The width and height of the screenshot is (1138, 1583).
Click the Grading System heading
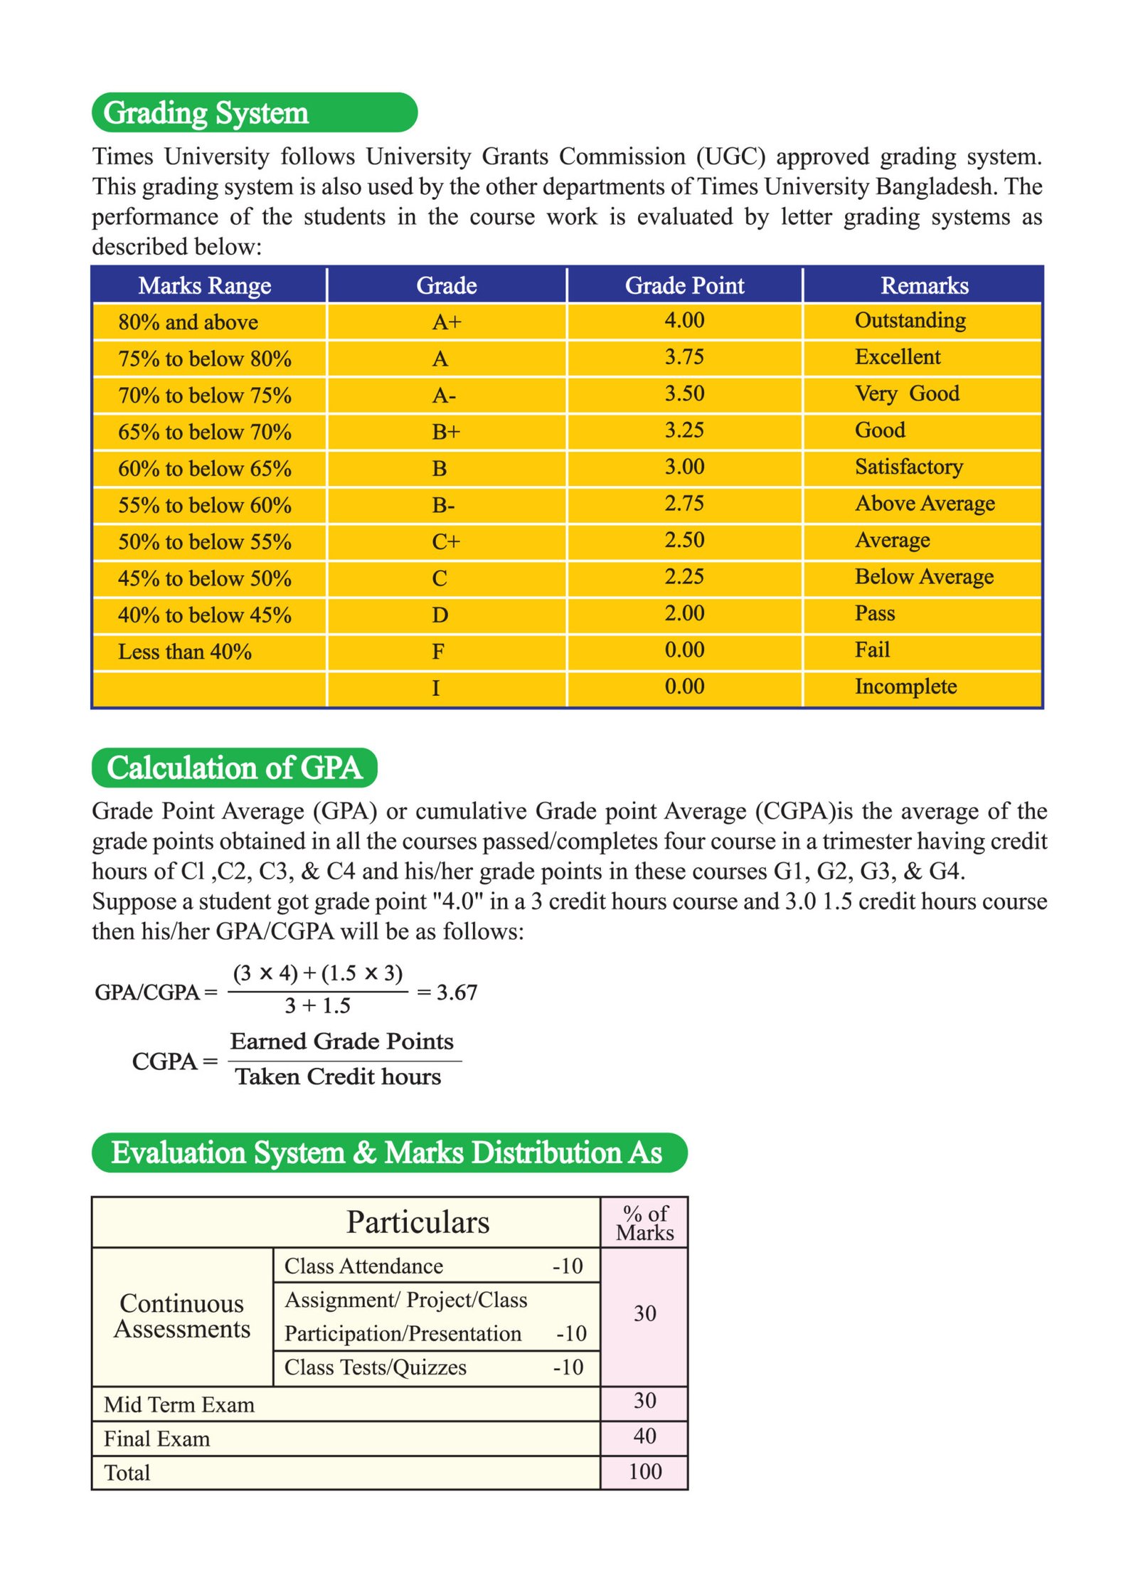(x=206, y=113)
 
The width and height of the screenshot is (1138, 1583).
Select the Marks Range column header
(x=205, y=285)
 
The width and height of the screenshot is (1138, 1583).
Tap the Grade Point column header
(x=684, y=285)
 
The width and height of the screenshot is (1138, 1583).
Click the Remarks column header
(x=924, y=285)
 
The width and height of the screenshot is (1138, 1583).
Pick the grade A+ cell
(x=447, y=322)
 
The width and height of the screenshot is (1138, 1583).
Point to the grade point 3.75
(x=684, y=356)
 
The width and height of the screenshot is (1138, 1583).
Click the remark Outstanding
(x=910, y=320)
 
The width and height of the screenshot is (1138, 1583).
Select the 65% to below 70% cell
(x=205, y=432)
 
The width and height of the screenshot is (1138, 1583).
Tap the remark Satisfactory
(x=908, y=467)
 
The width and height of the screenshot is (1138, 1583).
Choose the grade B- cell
(x=443, y=505)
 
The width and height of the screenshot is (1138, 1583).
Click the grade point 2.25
(x=684, y=576)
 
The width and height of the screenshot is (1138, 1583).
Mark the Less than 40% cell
(x=185, y=652)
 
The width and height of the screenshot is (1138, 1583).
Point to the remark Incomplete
(x=905, y=687)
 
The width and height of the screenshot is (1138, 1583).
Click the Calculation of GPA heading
(x=234, y=768)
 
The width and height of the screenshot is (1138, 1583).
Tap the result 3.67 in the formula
(x=457, y=992)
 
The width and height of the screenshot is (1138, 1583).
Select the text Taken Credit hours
(x=338, y=1076)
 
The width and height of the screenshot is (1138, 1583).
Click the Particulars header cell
(x=418, y=1222)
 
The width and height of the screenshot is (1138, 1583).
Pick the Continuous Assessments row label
(x=182, y=1315)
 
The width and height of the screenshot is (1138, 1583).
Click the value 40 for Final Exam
(x=644, y=1436)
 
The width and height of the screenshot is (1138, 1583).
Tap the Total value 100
(x=644, y=1471)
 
